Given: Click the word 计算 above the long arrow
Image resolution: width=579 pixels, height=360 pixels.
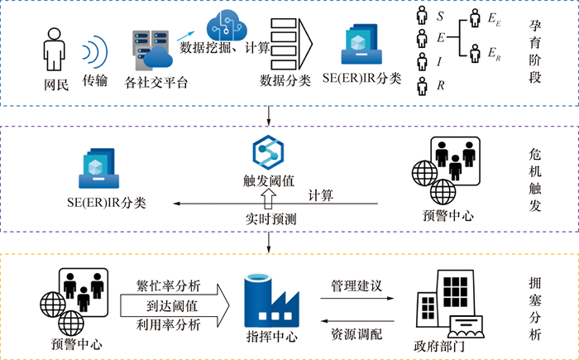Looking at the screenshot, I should pyautogui.click(x=321, y=195).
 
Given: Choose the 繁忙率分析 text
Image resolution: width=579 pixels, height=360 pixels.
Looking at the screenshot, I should pyautogui.click(x=169, y=286).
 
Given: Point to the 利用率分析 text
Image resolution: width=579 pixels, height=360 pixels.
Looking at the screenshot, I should pyautogui.click(x=169, y=324).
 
